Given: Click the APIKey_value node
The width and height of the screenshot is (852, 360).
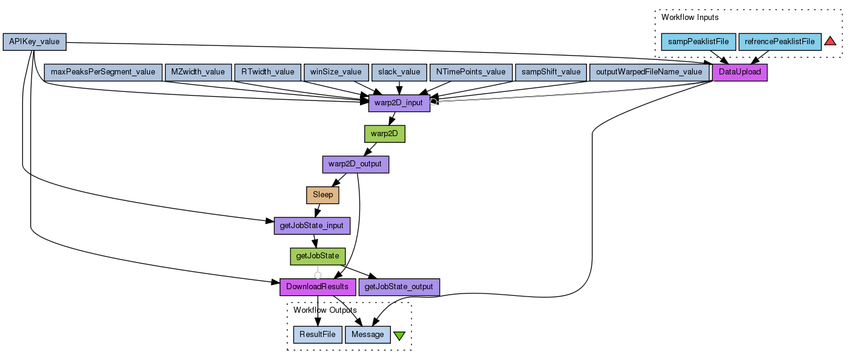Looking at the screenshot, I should [x=34, y=42].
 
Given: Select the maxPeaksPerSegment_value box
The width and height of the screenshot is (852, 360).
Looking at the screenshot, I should [x=103, y=72].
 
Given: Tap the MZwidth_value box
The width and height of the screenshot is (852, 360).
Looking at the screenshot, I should [x=198, y=72].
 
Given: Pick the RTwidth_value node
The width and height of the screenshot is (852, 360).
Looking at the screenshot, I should [x=267, y=72].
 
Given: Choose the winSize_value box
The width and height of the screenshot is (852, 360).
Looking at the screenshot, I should [x=335, y=72].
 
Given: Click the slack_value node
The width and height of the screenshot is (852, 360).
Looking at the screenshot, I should [x=399, y=72].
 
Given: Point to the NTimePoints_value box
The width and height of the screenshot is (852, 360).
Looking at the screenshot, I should [x=471, y=72].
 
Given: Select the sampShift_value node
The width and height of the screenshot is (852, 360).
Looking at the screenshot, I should [x=550, y=72].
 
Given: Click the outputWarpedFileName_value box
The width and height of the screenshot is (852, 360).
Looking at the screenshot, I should [x=649, y=72].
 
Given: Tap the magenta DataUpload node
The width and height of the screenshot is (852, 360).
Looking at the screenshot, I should [x=740, y=72].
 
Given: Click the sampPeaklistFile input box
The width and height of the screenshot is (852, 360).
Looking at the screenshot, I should [x=698, y=42].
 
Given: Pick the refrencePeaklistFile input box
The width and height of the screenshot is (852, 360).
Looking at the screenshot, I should [x=779, y=42].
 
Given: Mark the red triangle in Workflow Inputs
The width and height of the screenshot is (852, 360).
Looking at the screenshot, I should [x=830, y=41].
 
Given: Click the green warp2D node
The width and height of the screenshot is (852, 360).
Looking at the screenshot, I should [x=384, y=134].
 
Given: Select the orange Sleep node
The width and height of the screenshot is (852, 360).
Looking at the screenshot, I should [x=323, y=195].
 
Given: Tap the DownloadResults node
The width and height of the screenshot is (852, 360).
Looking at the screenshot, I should [x=317, y=286].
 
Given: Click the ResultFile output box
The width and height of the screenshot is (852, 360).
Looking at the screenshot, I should [x=317, y=335].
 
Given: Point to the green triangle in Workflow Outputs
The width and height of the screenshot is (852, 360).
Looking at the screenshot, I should [x=399, y=335].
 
